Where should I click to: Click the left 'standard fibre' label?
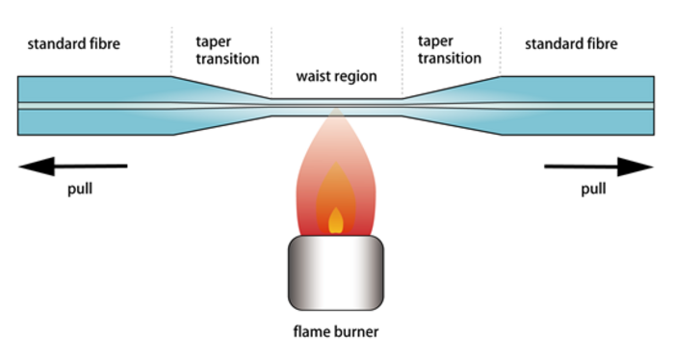(x=73, y=43)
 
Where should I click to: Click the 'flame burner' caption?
(x=336, y=334)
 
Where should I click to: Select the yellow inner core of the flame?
(x=335, y=220)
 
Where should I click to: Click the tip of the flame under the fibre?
(x=335, y=116)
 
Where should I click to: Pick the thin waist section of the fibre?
(x=336, y=105)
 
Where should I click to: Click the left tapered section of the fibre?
(x=221, y=105)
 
